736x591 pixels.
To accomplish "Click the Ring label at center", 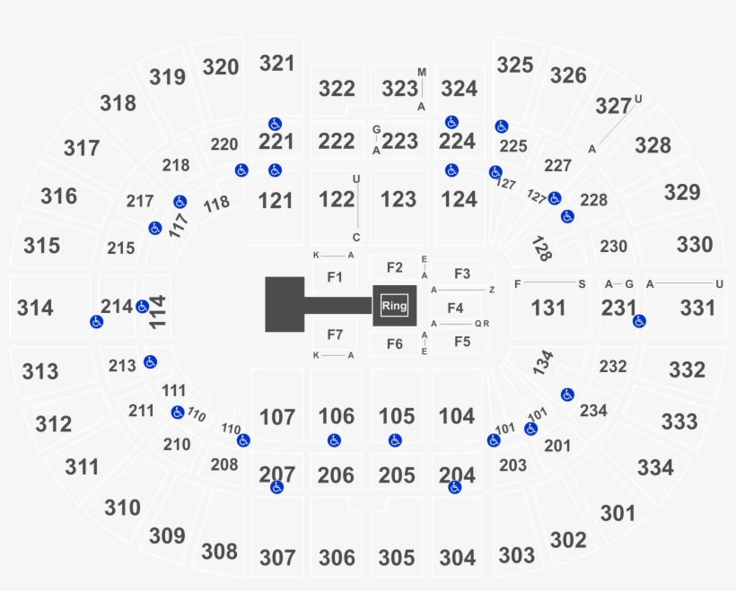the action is tap(394, 306).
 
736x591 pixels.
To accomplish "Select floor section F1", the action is tap(335, 277).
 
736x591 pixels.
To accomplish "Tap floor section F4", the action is tap(455, 309).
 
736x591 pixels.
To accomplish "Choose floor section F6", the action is tap(395, 344).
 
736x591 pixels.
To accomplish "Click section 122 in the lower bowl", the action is tap(337, 200).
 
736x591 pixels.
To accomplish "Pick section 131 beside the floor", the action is tap(548, 309).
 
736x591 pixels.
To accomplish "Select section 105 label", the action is tap(397, 416).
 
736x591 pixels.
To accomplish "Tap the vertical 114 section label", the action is tap(158, 312).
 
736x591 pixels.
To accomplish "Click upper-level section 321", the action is tap(277, 64).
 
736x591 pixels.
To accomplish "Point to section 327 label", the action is tap(614, 107).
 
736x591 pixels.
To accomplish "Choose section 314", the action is tap(35, 309).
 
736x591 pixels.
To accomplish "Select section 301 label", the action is tap(618, 513).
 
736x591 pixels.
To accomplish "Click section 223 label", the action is tap(400, 141).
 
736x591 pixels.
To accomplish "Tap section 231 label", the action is tap(619, 309).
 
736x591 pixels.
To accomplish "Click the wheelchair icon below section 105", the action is tap(395, 441).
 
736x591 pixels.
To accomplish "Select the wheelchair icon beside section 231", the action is tap(639, 321).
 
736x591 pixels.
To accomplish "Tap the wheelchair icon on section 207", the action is tap(277, 487).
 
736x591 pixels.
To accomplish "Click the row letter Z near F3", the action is tap(492, 290).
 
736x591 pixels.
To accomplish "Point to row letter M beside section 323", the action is tap(422, 73).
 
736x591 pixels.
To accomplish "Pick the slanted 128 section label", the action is tap(541, 248).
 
